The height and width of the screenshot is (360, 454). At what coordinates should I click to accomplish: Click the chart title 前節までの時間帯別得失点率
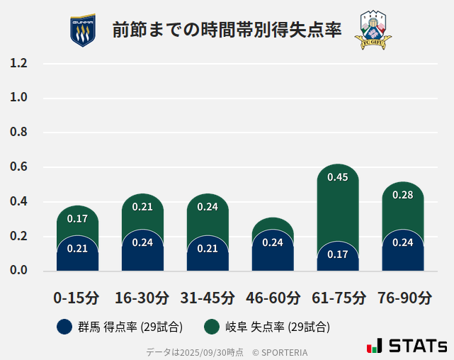click(227, 30)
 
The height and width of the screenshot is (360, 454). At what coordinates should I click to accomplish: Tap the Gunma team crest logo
click(82, 30)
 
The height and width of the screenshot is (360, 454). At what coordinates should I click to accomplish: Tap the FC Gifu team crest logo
click(372, 30)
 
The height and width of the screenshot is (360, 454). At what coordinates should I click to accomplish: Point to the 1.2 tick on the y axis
click(19, 64)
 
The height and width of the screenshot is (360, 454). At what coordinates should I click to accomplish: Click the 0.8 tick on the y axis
click(19, 133)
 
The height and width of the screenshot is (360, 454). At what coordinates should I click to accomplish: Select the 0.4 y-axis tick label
click(19, 202)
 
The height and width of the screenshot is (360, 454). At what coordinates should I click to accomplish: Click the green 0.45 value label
click(338, 177)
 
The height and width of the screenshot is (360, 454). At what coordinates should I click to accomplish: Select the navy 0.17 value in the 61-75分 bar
click(338, 254)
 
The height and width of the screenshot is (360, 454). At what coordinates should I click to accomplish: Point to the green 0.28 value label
click(402, 195)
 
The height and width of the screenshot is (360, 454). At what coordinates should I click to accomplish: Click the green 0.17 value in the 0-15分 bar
click(77, 219)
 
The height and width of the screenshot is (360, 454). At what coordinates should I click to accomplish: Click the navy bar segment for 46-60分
click(273, 252)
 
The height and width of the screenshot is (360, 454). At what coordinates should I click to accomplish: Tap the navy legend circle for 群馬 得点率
click(64, 327)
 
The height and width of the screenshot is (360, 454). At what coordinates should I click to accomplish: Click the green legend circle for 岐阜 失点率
click(211, 327)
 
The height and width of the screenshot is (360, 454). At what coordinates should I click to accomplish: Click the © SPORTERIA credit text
click(280, 352)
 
